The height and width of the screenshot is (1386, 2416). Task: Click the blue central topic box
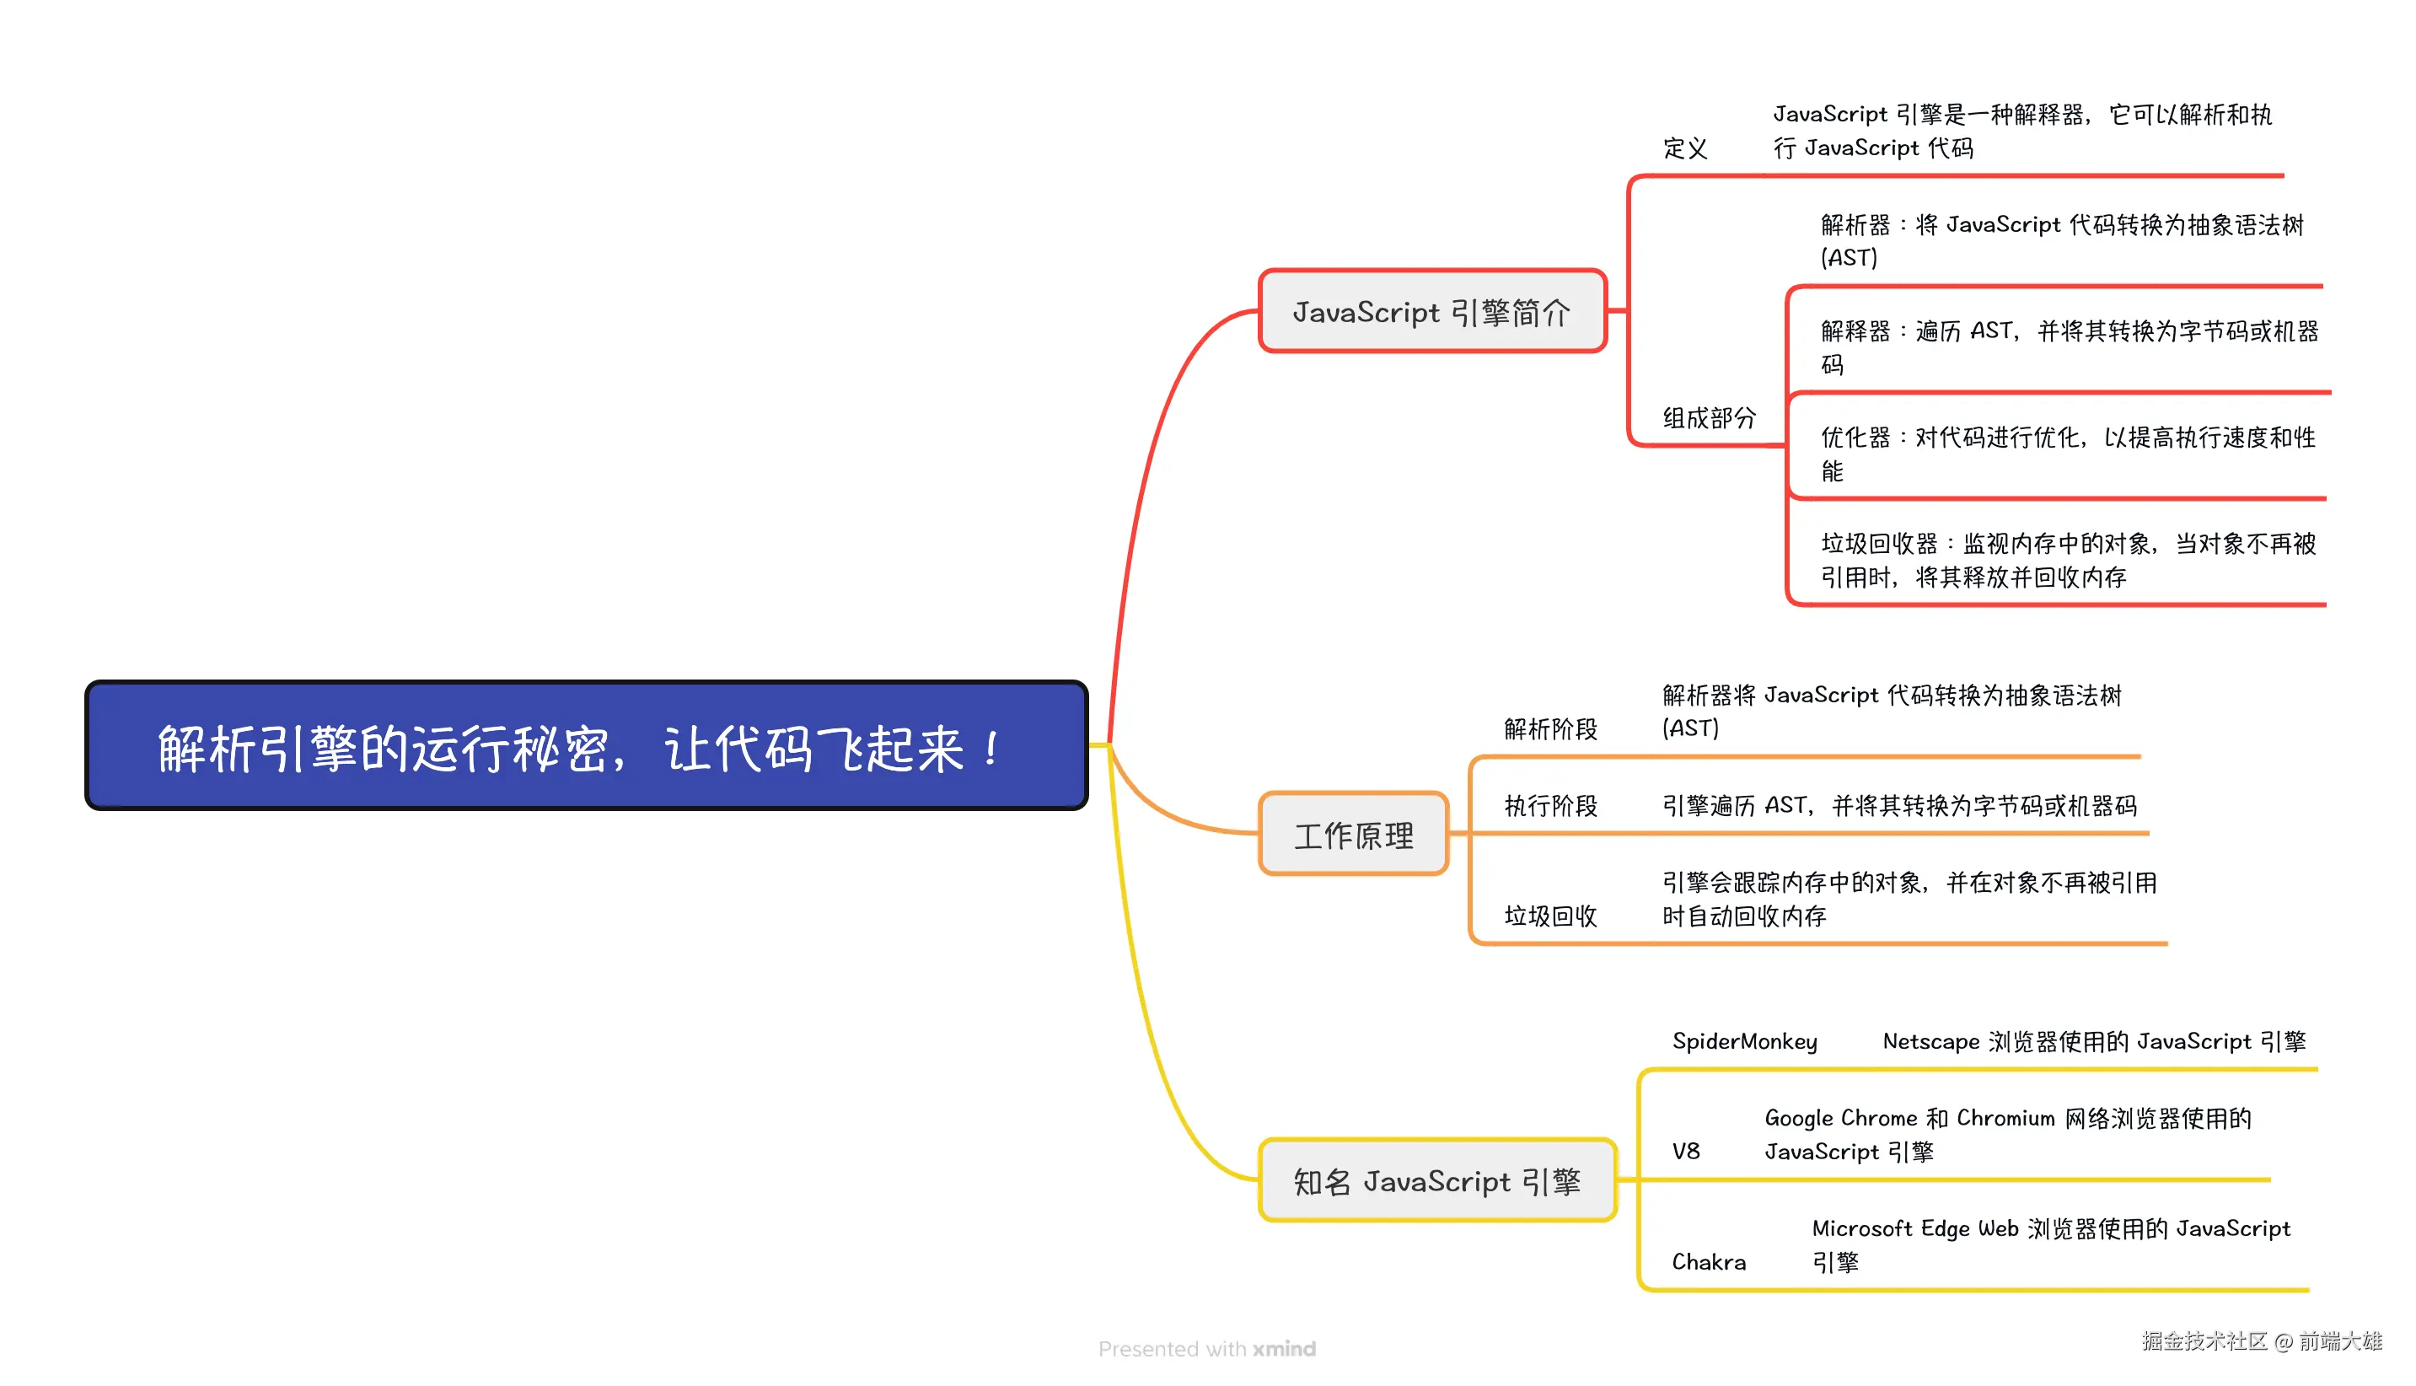[x=586, y=745]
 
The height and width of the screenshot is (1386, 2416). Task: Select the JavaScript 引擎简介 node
[x=1432, y=311]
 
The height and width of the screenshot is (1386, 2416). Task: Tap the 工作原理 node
[x=1353, y=834]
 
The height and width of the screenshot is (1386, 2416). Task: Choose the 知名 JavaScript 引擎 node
[x=1436, y=1180]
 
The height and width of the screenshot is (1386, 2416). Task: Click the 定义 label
[x=1684, y=148]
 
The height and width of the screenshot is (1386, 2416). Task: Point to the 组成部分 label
[x=1708, y=418]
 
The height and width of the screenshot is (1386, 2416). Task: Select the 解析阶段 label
[x=1550, y=729]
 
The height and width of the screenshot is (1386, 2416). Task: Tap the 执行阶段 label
[x=1550, y=806]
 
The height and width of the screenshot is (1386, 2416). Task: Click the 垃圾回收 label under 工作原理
[x=1550, y=916]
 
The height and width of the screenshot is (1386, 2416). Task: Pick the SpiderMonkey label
[x=1744, y=1041]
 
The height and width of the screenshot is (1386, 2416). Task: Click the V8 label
[x=1685, y=1151]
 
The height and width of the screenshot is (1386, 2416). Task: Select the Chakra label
[x=1708, y=1261]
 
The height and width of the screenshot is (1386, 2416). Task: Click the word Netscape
[x=1930, y=1041]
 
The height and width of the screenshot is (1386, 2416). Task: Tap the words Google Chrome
[x=1840, y=1118]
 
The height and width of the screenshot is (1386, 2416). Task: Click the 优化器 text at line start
[x=1855, y=438]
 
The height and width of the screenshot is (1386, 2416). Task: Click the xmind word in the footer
[x=1284, y=1349]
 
